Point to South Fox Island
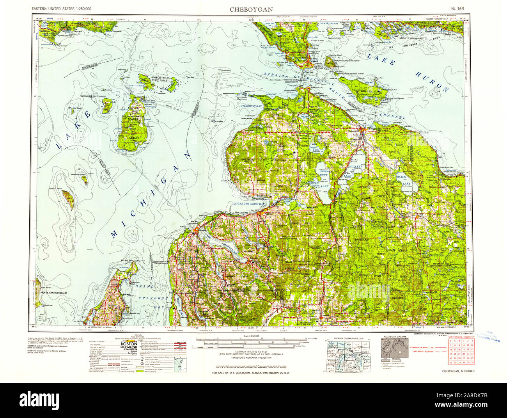[x=68, y=199]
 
